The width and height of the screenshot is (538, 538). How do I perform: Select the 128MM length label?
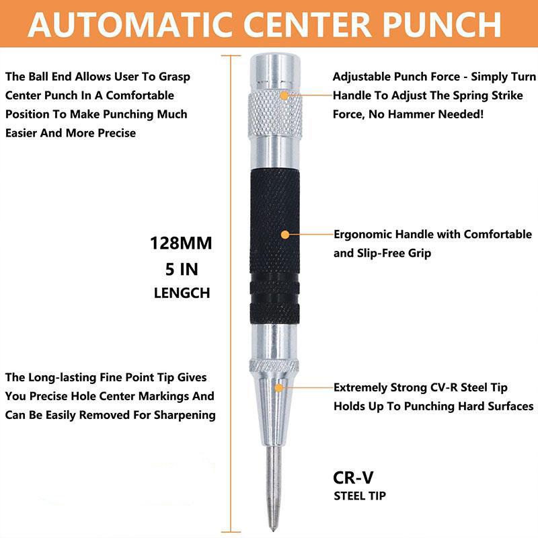point(181,243)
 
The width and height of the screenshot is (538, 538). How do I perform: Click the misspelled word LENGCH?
point(182,293)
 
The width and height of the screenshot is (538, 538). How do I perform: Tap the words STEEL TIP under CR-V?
point(360,497)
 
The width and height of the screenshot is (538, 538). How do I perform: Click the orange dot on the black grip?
point(284,235)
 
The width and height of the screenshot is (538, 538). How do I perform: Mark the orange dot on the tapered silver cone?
point(278,387)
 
